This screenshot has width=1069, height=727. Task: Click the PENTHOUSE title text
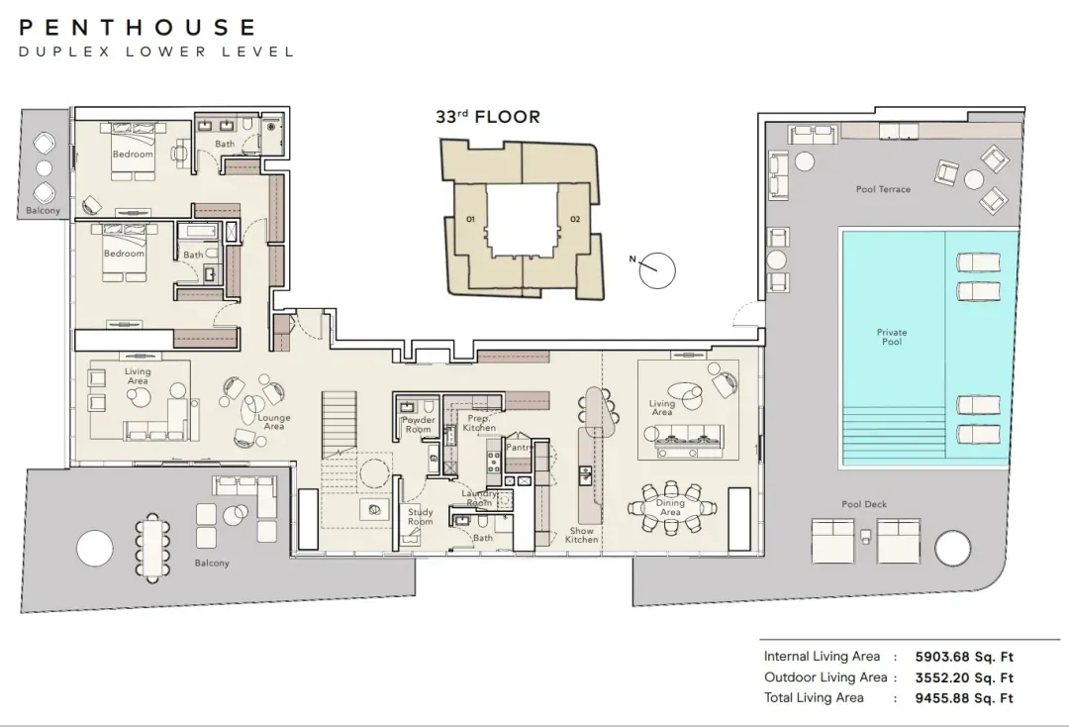pos(137,28)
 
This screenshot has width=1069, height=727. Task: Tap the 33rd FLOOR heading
pos(488,117)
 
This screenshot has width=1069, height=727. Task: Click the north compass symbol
pos(656,269)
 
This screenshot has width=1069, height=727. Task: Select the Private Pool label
pos(892,337)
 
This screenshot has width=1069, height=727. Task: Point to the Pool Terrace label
pos(883,189)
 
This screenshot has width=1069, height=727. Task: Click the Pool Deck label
pos(864,504)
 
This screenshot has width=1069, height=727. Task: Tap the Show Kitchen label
pos(582,535)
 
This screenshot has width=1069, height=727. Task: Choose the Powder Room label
pos(419,425)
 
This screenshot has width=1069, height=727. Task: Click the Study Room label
pos(421,516)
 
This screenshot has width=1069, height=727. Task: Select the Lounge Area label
pos(274,422)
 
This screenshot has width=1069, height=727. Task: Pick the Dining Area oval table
pos(671,507)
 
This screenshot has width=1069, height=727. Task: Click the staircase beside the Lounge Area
pos(339,424)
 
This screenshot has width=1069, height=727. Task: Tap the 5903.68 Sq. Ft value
pos(964,657)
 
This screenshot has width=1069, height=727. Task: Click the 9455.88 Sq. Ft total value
pos(964,697)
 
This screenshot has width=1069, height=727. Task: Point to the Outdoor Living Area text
pos(826,677)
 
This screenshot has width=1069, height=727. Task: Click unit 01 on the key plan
pos(470,219)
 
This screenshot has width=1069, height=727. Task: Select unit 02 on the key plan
pos(575,219)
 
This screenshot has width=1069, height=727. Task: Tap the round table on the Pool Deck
pos(952,548)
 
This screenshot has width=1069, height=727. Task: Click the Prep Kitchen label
pos(479,423)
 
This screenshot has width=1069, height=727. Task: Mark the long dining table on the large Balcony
pos(152,548)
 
